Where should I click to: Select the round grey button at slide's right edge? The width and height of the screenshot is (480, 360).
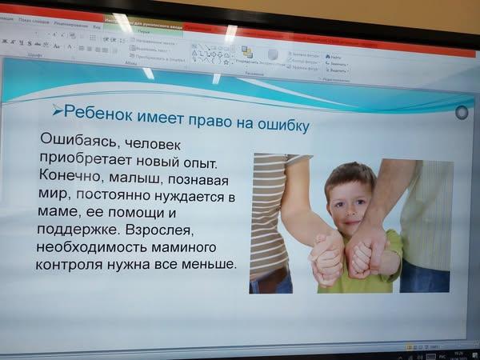[461, 113]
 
